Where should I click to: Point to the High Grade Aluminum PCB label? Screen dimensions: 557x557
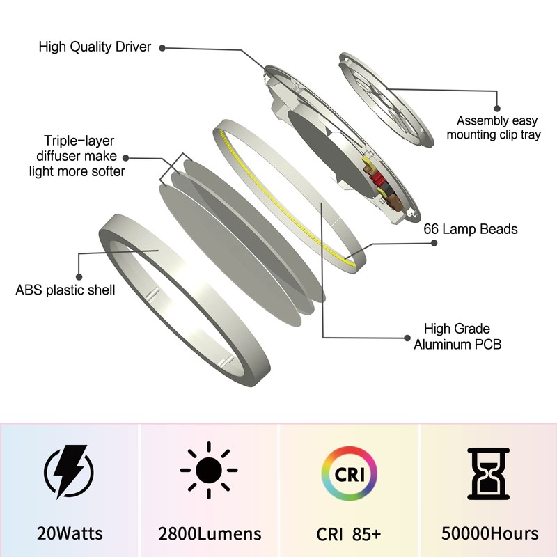(x=457, y=336)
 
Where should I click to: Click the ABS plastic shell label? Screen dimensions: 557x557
(x=65, y=289)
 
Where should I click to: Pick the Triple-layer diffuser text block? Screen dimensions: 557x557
(x=77, y=155)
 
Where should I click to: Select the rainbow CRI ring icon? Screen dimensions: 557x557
(x=348, y=473)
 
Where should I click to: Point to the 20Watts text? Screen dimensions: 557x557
(x=70, y=534)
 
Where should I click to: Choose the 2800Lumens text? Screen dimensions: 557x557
(x=210, y=534)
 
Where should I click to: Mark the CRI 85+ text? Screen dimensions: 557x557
(x=349, y=534)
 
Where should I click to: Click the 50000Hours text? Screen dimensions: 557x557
(x=489, y=534)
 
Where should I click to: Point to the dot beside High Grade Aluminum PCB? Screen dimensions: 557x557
(x=407, y=337)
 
